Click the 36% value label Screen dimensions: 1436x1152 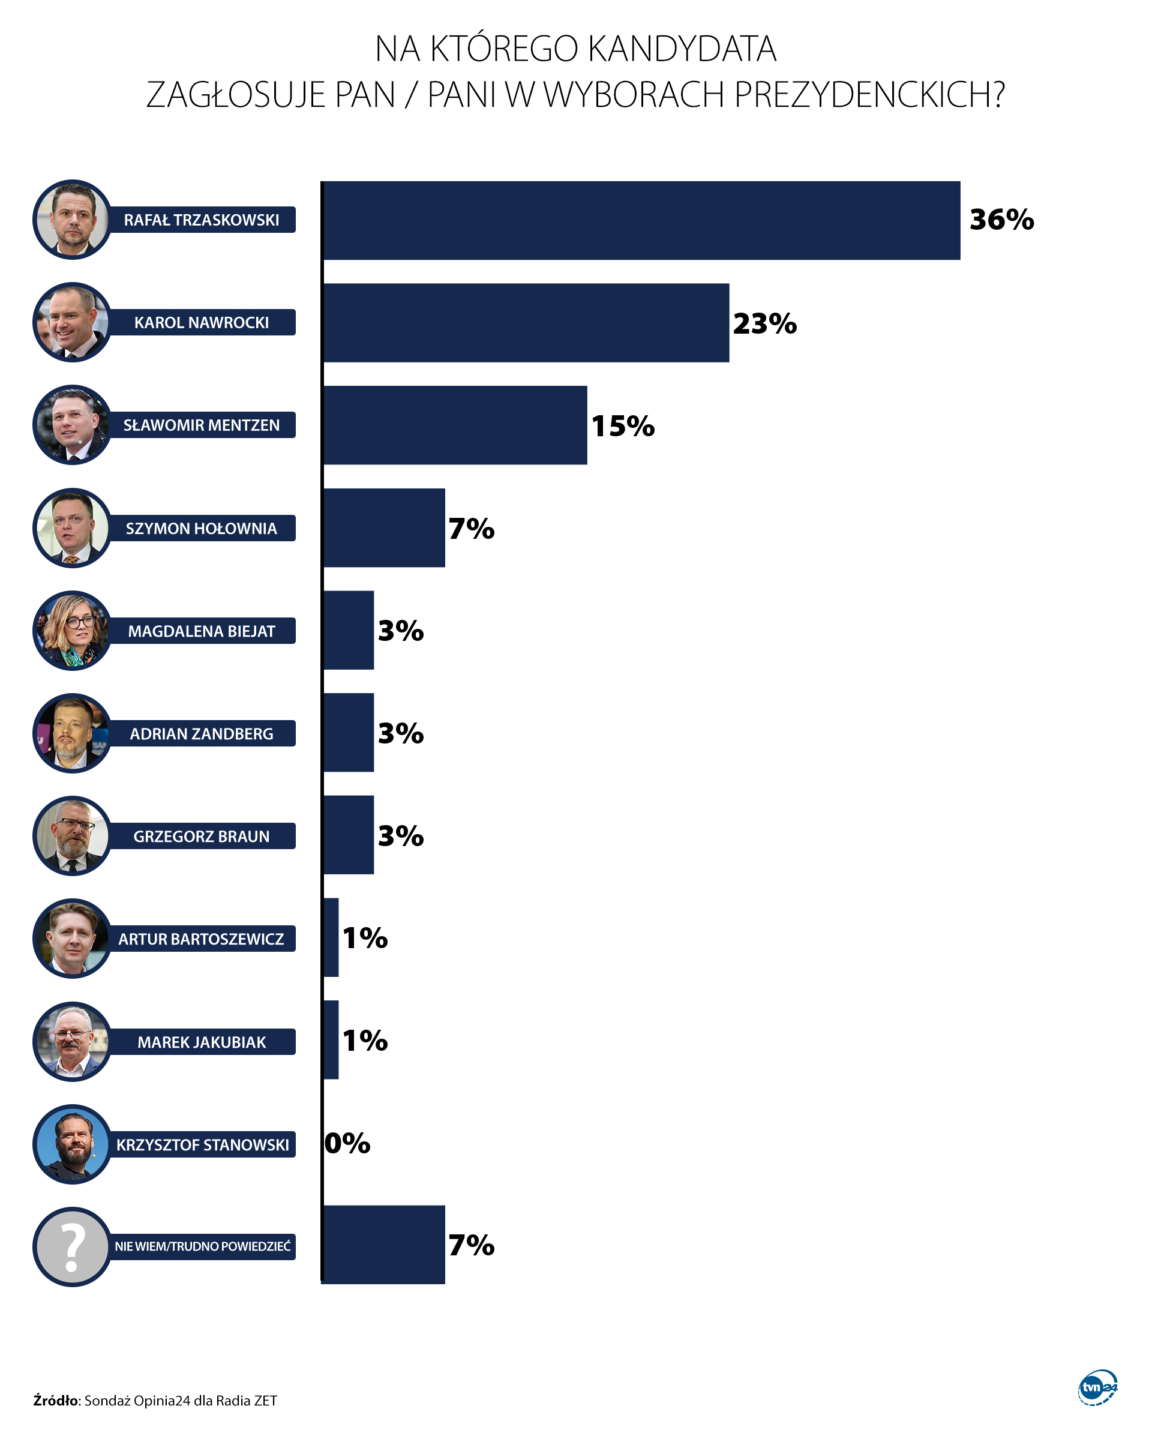click(x=1001, y=220)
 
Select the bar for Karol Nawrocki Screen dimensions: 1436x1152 click(x=526, y=323)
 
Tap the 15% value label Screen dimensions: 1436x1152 click(x=623, y=426)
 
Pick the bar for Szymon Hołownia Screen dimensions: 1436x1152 click(x=384, y=528)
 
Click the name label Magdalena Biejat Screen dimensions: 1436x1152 click(x=201, y=631)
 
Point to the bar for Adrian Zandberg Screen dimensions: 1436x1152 click(x=348, y=733)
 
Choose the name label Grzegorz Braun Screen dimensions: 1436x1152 click(x=201, y=837)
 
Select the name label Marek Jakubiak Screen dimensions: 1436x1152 click(x=201, y=1042)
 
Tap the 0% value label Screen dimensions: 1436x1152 click(x=347, y=1144)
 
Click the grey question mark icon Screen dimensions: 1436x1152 click(x=73, y=1247)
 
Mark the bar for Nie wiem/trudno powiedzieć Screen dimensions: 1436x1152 click(x=384, y=1245)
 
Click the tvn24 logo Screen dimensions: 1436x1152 click(x=1097, y=1387)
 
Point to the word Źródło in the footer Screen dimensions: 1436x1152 click(x=56, y=1401)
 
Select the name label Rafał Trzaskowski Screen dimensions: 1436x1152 click(x=201, y=220)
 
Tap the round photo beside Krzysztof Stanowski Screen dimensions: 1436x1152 click(x=73, y=1144)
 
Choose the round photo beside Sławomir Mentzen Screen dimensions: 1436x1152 click(x=73, y=425)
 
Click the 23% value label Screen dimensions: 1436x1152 click(x=764, y=323)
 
